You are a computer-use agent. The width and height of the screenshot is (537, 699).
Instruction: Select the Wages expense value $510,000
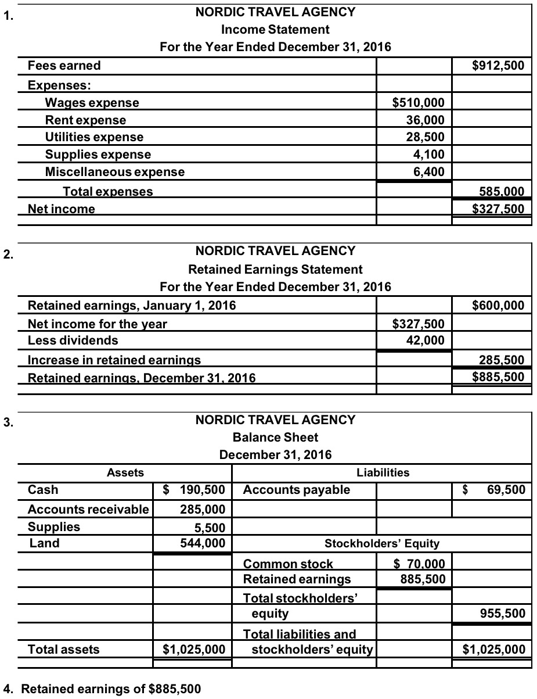419,103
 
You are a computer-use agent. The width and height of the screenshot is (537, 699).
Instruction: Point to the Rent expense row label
85,120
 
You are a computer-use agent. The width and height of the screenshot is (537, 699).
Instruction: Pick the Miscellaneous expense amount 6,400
429,171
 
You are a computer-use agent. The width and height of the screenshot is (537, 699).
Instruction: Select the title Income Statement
275,29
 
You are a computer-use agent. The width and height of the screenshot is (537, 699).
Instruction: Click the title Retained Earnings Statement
275,270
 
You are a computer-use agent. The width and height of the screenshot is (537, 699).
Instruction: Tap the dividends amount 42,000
426,340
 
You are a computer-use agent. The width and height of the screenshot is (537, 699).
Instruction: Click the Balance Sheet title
275,437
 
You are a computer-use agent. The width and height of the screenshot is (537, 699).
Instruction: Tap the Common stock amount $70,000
419,563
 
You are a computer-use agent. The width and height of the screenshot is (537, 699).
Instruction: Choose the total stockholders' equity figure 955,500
503,613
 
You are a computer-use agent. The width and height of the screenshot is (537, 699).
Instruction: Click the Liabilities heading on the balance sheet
383,472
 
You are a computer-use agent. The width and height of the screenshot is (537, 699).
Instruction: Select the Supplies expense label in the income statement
98,155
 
